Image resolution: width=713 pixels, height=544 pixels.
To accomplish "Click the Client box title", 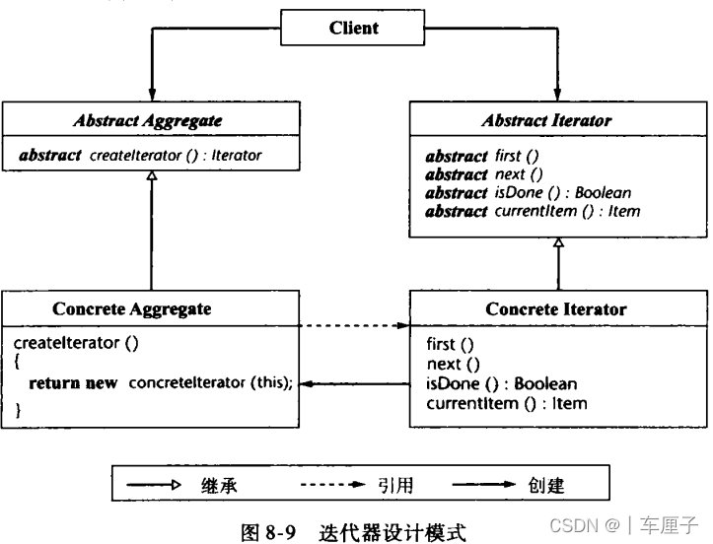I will [x=354, y=29].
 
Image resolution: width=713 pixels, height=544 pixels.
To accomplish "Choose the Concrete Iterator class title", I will [x=555, y=308].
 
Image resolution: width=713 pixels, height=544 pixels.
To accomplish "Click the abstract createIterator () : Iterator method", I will [x=140, y=155].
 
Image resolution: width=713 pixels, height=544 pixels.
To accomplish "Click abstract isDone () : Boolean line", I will [x=528, y=192].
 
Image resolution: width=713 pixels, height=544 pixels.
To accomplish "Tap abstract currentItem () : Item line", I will [x=533, y=211].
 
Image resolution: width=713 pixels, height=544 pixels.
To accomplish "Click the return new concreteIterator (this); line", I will [x=161, y=382].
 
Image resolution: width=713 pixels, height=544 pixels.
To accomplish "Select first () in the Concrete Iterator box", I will [x=451, y=344].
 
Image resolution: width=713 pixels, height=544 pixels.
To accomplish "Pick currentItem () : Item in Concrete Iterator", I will [x=506, y=402].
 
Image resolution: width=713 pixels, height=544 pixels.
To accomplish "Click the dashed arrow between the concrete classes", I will [x=354, y=325].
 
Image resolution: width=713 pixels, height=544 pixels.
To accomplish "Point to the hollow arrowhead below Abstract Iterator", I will [x=558, y=242].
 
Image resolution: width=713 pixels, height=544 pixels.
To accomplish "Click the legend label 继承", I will [x=220, y=485].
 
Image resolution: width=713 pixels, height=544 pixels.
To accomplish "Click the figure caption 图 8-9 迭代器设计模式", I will [x=354, y=531].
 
